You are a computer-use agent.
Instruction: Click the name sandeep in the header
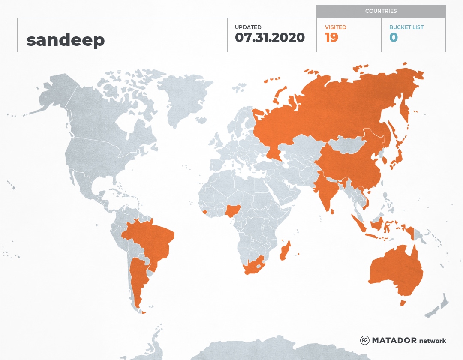tap(66, 40)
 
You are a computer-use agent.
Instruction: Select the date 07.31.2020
tap(270, 37)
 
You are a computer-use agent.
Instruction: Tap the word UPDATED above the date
tap(248, 27)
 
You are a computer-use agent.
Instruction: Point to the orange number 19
tap(331, 37)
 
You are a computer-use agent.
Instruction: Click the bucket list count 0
tap(394, 37)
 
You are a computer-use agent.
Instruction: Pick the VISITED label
tap(335, 27)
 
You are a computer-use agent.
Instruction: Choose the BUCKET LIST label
tap(406, 27)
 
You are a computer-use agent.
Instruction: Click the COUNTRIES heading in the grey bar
tap(381, 11)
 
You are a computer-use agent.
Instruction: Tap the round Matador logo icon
tap(364, 340)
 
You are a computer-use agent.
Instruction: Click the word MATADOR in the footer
tap(394, 340)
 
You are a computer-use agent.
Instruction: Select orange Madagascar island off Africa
tap(285, 251)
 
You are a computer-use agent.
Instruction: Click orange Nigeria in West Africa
tap(233, 210)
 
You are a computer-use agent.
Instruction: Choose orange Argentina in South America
tap(138, 279)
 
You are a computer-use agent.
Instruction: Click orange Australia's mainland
tap(397, 270)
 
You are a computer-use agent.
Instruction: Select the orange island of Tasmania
tap(403, 303)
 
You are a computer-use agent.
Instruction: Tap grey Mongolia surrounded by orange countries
tap(347, 146)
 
